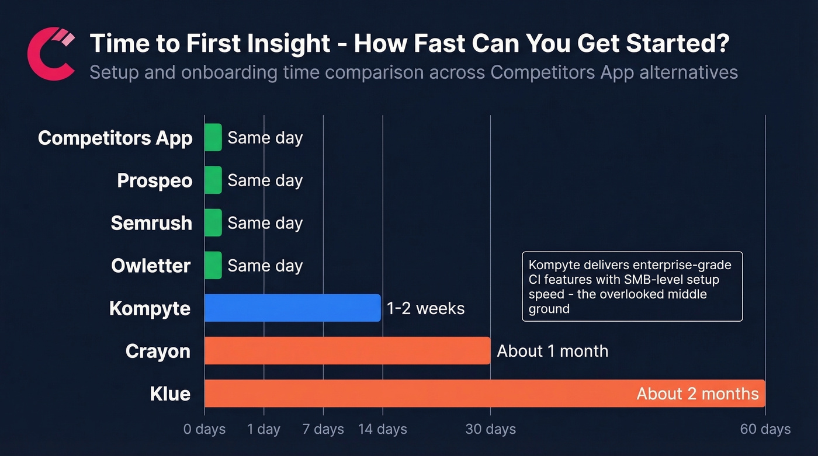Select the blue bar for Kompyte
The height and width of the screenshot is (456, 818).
(x=292, y=308)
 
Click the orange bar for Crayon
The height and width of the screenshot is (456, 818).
(x=347, y=350)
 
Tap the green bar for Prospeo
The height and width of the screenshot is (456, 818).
(x=213, y=180)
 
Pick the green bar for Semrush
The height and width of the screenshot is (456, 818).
(x=213, y=222)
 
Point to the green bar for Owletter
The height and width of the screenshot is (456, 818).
(x=213, y=265)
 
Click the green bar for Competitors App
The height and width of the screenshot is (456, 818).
(x=213, y=137)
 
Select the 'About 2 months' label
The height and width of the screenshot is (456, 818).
(x=697, y=394)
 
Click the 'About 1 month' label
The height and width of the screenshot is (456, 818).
(x=552, y=351)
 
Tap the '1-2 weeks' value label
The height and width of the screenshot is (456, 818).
(x=425, y=308)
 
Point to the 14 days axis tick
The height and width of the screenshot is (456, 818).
(x=383, y=429)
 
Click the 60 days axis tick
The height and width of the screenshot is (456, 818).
(x=765, y=429)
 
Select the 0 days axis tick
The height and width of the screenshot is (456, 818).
(x=204, y=429)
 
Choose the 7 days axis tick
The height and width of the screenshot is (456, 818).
(x=323, y=429)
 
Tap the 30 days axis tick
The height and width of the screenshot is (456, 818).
(x=490, y=429)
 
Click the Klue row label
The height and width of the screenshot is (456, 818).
(x=170, y=394)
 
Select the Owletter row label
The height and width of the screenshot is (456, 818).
(x=151, y=266)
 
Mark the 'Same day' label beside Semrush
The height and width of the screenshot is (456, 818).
(x=265, y=223)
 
